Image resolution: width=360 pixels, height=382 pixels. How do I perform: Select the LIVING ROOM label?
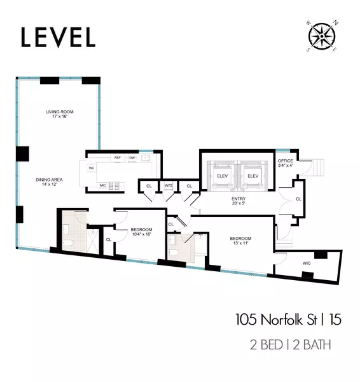57,112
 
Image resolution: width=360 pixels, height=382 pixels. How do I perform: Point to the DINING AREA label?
48,180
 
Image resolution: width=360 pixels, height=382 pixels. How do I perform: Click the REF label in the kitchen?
117,157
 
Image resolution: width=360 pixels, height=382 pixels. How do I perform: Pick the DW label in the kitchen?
132,157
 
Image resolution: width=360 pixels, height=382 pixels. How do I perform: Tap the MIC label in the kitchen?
102,185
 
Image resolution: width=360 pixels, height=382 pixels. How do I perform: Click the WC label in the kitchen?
92,168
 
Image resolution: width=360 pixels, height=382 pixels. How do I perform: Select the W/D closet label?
168,186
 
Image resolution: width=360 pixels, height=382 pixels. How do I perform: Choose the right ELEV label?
253,175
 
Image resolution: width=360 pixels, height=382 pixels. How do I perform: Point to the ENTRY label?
239,199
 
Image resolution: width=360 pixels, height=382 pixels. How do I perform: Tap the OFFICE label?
286,160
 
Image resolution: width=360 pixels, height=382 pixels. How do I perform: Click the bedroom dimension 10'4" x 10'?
141,234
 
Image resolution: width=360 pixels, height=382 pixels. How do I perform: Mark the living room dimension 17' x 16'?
57,118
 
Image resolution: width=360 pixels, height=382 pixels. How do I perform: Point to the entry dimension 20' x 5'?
239,204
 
